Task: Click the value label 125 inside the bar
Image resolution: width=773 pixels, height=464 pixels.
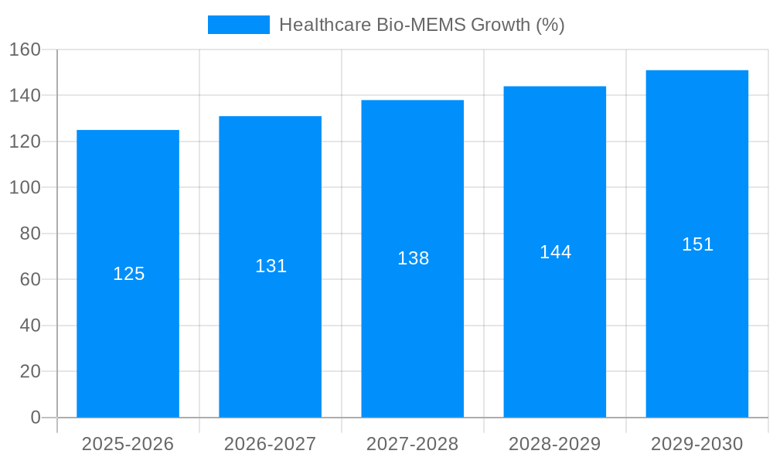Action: (x=128, y=274)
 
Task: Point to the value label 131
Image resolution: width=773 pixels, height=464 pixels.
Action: (x=271, y=266)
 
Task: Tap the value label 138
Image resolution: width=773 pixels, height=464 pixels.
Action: (x=413, y=258)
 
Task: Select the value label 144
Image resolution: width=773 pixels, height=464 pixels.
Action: (x=555, y=252)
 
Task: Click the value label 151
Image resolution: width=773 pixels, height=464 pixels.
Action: (x=697, y=244)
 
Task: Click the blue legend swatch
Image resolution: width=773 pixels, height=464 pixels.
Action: (x=239, y=25)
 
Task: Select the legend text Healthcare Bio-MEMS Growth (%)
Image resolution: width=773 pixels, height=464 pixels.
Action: (x=421, y=25)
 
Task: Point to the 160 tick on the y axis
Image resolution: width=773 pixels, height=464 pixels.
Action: (x=25, y=49)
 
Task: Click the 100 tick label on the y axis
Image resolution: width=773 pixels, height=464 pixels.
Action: (x=25, y=187)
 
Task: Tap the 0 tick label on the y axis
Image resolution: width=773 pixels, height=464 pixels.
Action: (x=35, y=418)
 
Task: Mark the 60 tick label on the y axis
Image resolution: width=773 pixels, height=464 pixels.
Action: (x=29, y=279)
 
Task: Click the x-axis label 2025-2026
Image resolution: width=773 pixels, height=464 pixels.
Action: (x=128, y=444)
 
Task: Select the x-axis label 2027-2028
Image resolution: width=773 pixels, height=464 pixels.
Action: (x=413, y=444)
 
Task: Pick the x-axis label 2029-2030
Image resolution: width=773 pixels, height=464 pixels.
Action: (x=697, y=444)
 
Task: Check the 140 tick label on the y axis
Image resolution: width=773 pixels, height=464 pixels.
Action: (x=25, y=95)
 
